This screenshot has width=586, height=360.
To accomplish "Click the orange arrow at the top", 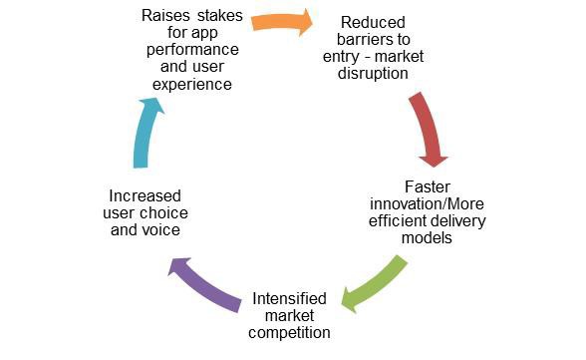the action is [x=281, y=22].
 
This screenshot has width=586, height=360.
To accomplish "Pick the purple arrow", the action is [x=205, y=285].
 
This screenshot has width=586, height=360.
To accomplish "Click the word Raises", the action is [x=165, y=16].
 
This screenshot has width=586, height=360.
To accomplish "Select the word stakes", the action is [x=219, y=16].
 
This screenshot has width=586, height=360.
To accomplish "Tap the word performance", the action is [x=192, y=50].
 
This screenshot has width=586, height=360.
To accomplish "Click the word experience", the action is [x=192, y=85].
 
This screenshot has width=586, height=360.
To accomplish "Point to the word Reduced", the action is [x=373, y=22].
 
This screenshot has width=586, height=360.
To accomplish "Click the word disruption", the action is [x=373, y=74].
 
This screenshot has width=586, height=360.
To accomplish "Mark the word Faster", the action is [x=428, y=186].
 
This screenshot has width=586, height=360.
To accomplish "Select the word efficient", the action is [x=396, y=221].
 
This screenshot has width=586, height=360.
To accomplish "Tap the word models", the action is [x=427, y=238].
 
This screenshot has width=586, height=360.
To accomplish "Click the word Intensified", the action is [x=289, y=299].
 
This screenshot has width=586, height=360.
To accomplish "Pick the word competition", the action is [x=289, y=333].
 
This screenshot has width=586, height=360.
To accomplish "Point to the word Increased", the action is [x=146, y=196].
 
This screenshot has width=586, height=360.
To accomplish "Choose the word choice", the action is [x=162, y=213].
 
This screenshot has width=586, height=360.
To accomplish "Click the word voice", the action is [x=161, y=230].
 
